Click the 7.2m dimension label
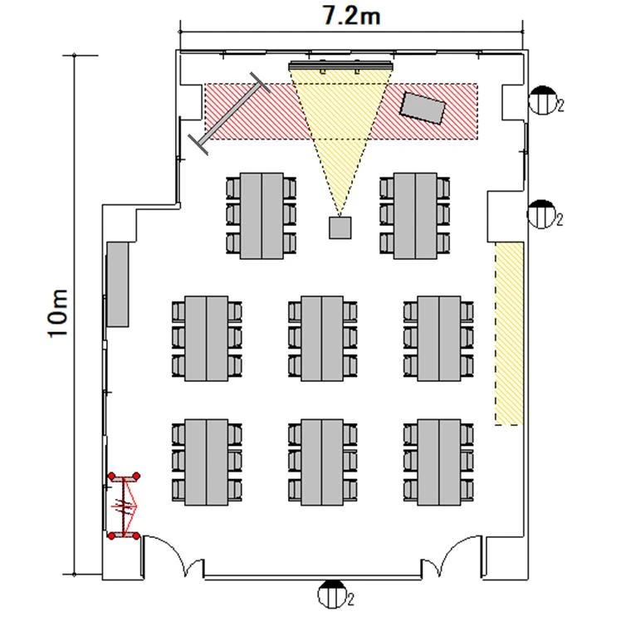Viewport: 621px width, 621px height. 352,17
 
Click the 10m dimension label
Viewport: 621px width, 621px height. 58,314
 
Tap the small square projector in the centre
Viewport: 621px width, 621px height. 340,227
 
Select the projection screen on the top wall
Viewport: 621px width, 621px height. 340,66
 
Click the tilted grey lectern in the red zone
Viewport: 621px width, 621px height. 423,108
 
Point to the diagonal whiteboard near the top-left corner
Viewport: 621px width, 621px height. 229,113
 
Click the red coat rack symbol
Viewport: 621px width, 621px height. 124,506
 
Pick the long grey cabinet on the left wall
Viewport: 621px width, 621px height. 118,285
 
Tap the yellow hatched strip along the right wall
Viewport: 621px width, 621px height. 509,334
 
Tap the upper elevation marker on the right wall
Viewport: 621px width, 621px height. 543,100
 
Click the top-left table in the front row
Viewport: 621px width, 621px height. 262,216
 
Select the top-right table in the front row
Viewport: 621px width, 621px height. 415,216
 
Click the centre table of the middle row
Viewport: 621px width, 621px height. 322,338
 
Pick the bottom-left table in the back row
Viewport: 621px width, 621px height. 207,462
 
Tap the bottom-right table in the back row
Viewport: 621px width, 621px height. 439,462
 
